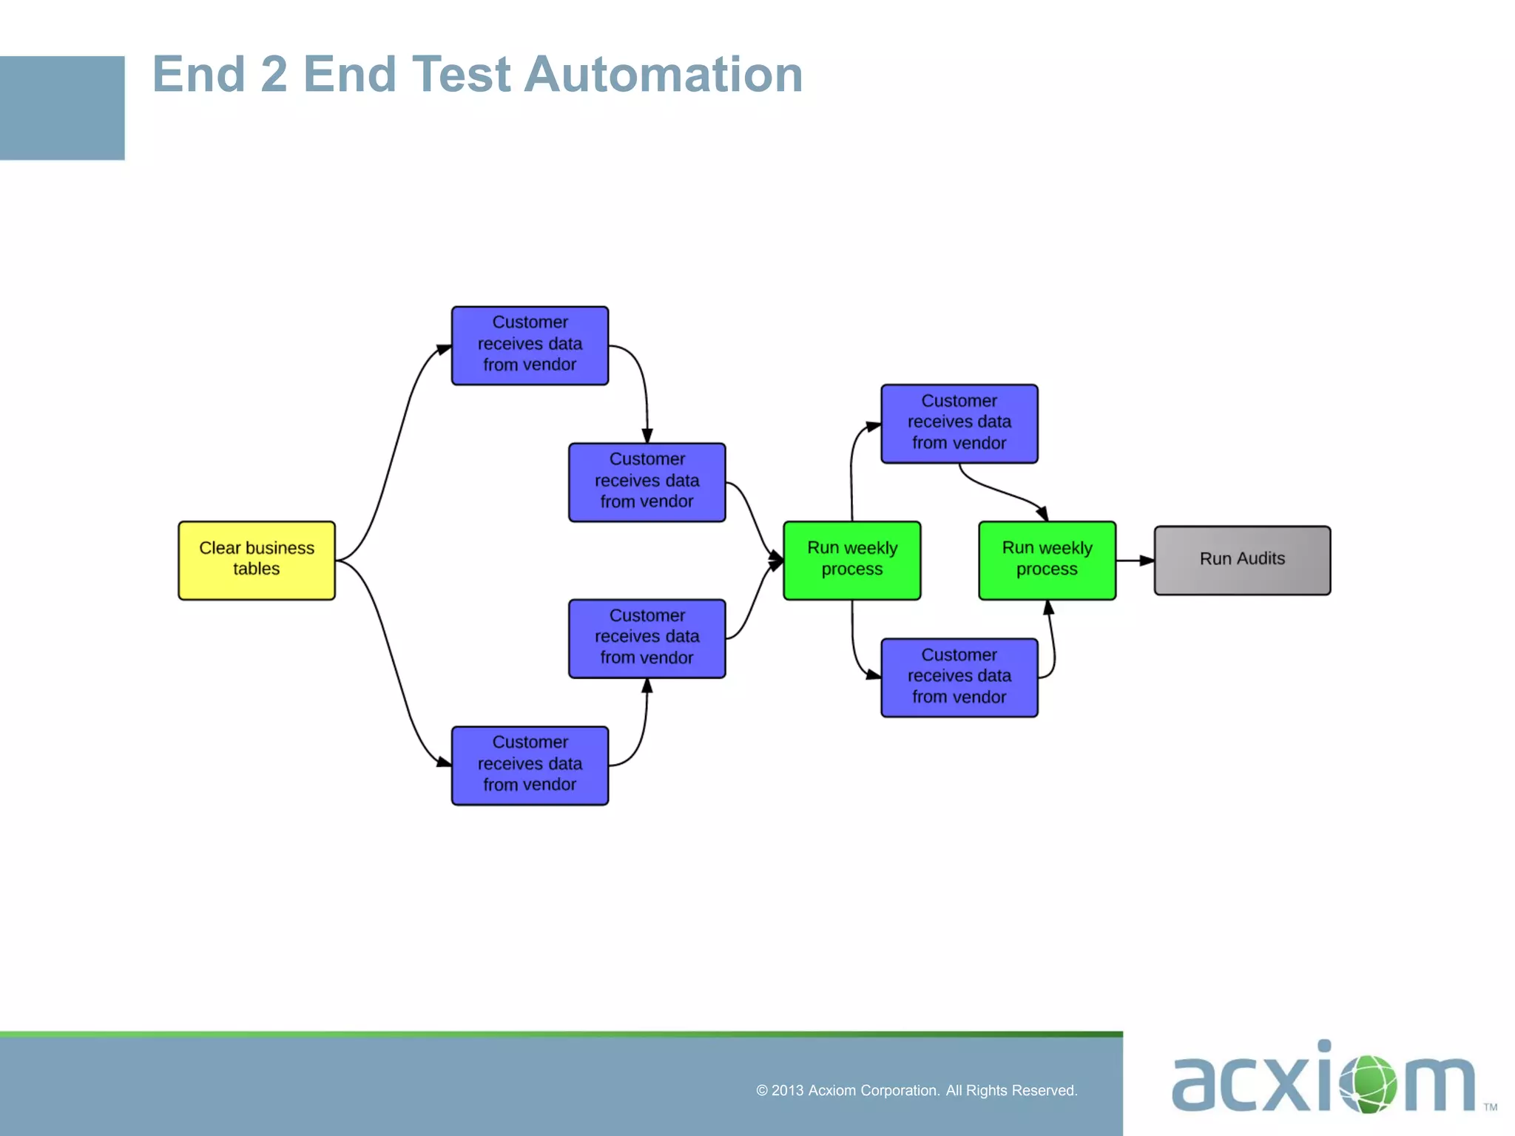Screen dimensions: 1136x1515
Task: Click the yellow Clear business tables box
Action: (256, 560)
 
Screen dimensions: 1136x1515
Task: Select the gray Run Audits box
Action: (1241, 560)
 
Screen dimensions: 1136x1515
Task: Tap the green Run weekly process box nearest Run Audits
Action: (1046, 560)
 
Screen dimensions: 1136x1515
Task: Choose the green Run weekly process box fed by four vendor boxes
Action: (851, 560)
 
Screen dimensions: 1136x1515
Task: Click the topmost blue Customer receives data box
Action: (530, 345)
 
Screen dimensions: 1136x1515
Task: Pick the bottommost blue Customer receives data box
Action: (530, 765)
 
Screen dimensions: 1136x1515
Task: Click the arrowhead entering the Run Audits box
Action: (1147, 561)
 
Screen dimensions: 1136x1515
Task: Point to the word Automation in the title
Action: (663, 75)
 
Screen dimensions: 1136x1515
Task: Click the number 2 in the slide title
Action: (274, 75)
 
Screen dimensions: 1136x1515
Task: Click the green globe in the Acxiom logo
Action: (1369, 1083)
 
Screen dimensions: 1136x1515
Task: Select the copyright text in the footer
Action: (916, 1090)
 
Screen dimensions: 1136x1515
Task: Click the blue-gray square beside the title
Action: (62, 108)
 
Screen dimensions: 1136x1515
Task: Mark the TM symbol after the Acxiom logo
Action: (1490, 1107)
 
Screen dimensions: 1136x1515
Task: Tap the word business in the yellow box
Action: (280, 548)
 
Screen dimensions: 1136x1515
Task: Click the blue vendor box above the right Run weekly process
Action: (959, 423)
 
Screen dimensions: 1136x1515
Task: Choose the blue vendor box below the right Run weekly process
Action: (959, 677)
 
